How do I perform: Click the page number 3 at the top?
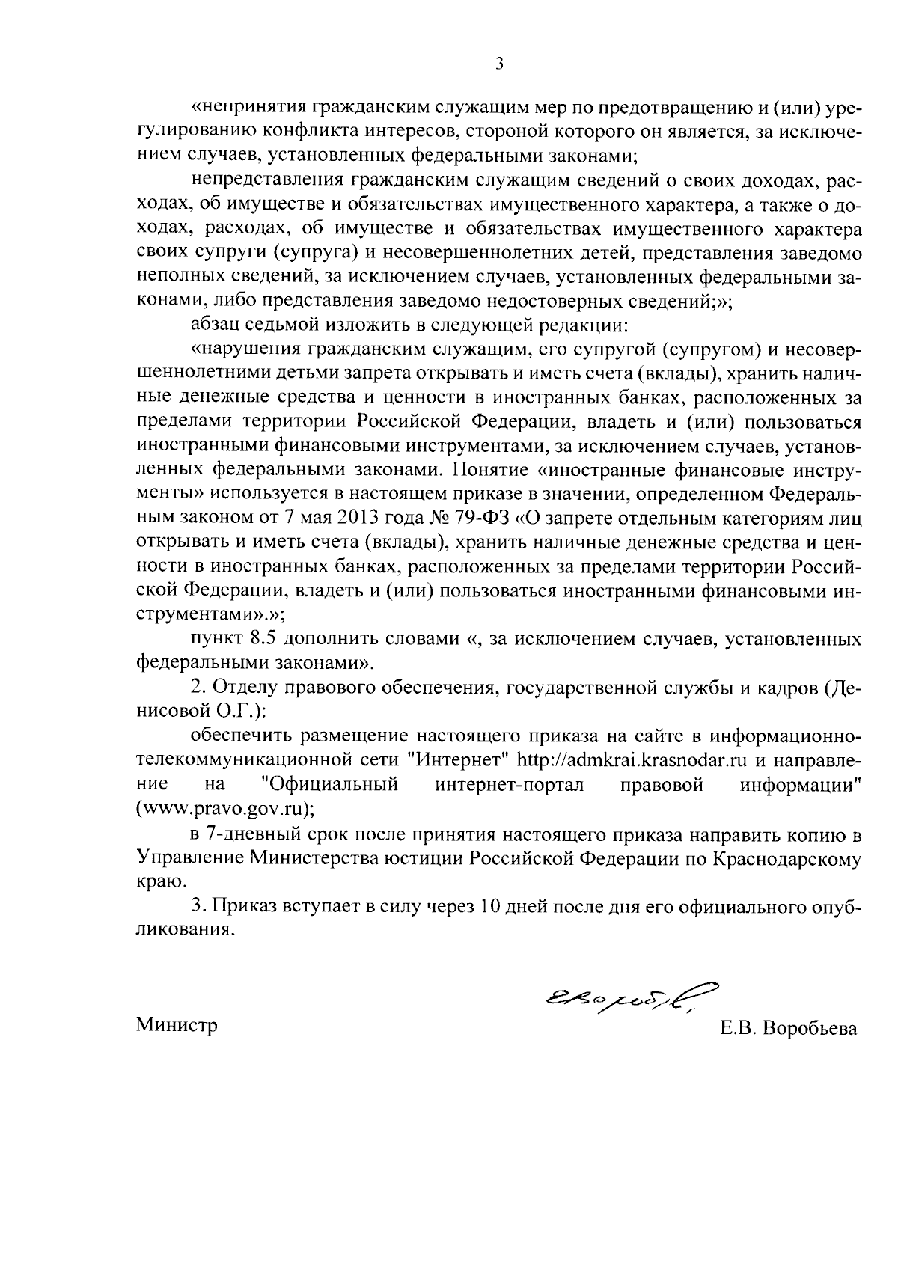coord(499,65)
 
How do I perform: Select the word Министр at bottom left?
coord(177,1025)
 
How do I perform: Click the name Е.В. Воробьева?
coord(789,1029)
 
